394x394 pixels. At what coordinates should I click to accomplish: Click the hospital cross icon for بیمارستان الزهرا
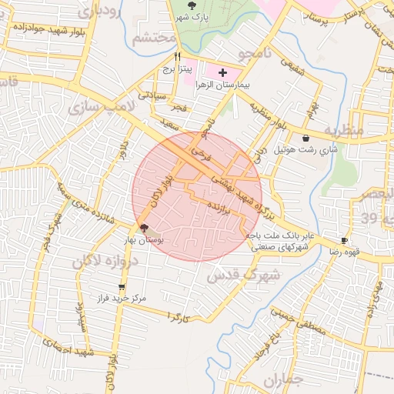[223, 72]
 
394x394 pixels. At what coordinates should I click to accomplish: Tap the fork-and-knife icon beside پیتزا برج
[178, 56]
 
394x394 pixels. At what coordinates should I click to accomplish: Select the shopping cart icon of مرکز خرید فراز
[121, 286]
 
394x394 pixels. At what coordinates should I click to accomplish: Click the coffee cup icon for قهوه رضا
[344, 240]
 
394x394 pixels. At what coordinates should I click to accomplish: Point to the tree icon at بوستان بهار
[144, 228]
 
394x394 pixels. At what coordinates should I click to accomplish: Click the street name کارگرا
[178, 317]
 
